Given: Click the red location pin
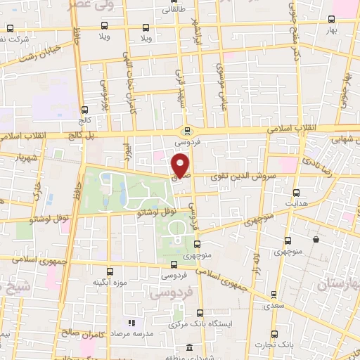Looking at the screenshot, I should pyautogui.click(x=181, y=165).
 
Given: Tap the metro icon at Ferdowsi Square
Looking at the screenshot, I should pyautogui.click(x=187, y=131).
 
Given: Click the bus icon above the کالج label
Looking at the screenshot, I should pyautogui.click(x=85, y=110).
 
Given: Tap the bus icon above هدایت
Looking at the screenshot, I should pyautogui.click(x=296, y=192).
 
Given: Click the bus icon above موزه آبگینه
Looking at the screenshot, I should pyautogui.click(x=109, y=271).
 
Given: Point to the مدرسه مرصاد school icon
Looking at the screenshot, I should pyautogui.click(x=131, y=323).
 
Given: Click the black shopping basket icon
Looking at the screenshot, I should pyautogui.click(x=316, y=240).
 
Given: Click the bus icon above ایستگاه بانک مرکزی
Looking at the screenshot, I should pyautogui.click(x=200, y=312).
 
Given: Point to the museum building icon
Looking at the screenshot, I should pyautogui.click(x=189, y=347).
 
